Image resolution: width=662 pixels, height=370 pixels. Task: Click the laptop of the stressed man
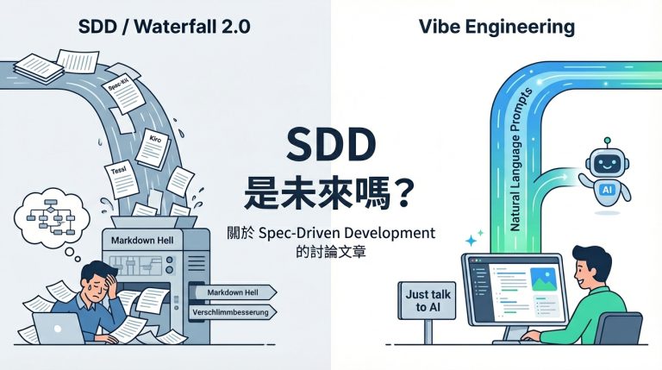tap(53, 329)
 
